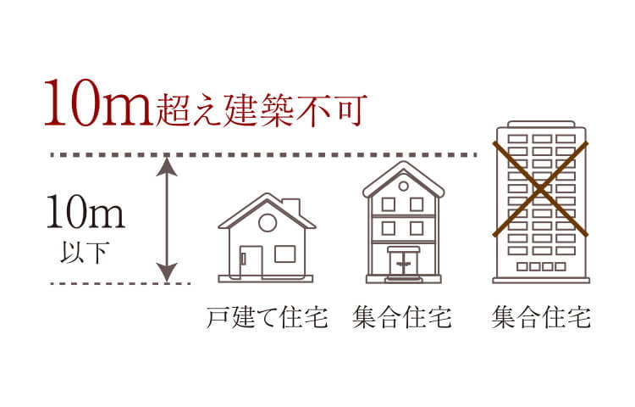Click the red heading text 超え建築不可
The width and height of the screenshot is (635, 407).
click(x=262, y=109)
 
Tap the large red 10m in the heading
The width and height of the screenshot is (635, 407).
click(x=98, y=103)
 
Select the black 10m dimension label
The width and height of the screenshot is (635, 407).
click(x=86, y=212)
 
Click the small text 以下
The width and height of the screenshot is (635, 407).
click(x=84, y=253)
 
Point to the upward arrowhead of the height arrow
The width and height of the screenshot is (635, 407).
click(x=167, y=166)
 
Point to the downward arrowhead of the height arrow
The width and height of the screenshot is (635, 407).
click(x=167, y=272)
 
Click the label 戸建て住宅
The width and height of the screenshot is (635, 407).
click(x=267, y=317)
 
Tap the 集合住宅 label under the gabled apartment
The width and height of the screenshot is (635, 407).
click(x=401, y=317)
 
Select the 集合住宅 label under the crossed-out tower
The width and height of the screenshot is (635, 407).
click(x=541, y=317)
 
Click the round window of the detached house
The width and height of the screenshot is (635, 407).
click(x=268, y=222)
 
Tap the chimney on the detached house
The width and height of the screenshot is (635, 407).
click(x=291, y=207)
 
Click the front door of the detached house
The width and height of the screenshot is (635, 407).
click(x=251, y=261)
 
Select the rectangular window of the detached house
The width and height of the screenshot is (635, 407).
click(x=285, y=254)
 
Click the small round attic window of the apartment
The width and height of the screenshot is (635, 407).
click(x=403, y=186)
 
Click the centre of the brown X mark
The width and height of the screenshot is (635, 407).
click(x=540, y=188)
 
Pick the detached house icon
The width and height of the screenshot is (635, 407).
click(x=267, y=237)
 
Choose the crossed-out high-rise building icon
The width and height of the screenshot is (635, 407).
click(x=541, y=202)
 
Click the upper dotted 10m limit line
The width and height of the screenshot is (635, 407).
click(x=264, y=155)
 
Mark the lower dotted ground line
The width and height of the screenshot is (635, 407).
click(x=121, y=283)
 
